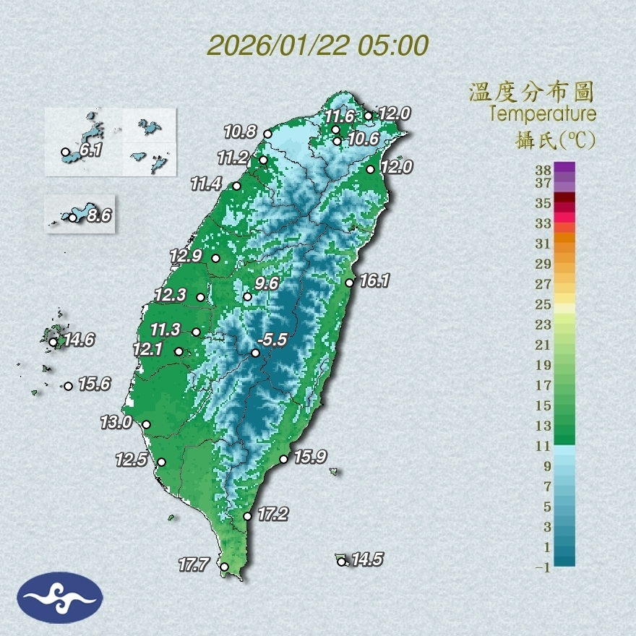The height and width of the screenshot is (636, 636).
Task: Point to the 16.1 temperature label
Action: (x=374, y=280)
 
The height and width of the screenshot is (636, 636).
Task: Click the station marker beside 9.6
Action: (x=248, y=297)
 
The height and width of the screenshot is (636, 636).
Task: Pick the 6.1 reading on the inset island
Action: (x=90, y=151)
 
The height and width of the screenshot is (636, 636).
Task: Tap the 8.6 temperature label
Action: (x=98, y=215)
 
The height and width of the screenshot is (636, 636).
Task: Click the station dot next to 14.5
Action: (x=341, y=562)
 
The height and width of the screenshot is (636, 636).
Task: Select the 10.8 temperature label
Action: (x=240, y=132)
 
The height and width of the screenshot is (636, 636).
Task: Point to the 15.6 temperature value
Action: (x=94, y=384)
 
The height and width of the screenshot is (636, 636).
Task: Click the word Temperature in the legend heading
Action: (x=542, y=114)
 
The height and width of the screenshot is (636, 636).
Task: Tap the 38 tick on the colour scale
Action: (x=543, y=171)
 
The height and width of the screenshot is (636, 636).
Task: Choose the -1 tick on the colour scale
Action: (x=543, y=568)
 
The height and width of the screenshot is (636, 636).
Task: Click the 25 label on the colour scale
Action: (x=543, y=304)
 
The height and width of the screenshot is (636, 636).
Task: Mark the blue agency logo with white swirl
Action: (x=60, y=598)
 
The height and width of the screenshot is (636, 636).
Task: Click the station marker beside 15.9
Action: (x=284, y=460)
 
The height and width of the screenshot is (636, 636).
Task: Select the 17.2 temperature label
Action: (x=272, y=515)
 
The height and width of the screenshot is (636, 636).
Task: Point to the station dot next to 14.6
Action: (x=53, y=342)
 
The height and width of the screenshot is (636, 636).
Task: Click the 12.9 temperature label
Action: (x=185, y=255)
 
